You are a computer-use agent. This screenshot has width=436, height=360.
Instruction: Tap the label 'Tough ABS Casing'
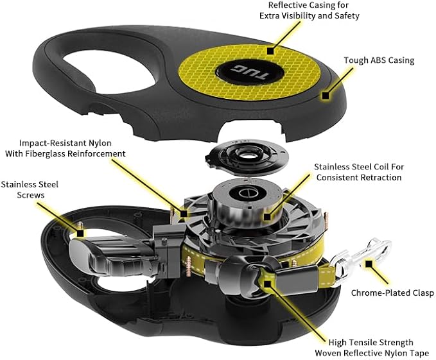point(379,61)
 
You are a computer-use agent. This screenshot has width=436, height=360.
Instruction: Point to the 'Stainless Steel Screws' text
point(30,189)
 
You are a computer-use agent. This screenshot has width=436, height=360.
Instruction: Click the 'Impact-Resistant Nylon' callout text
point(72,148)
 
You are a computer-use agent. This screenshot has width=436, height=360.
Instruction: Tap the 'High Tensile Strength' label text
point(371,347)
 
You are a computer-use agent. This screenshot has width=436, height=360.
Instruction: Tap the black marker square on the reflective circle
point(270,49)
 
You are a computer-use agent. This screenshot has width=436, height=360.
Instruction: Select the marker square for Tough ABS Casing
point(326,95)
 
